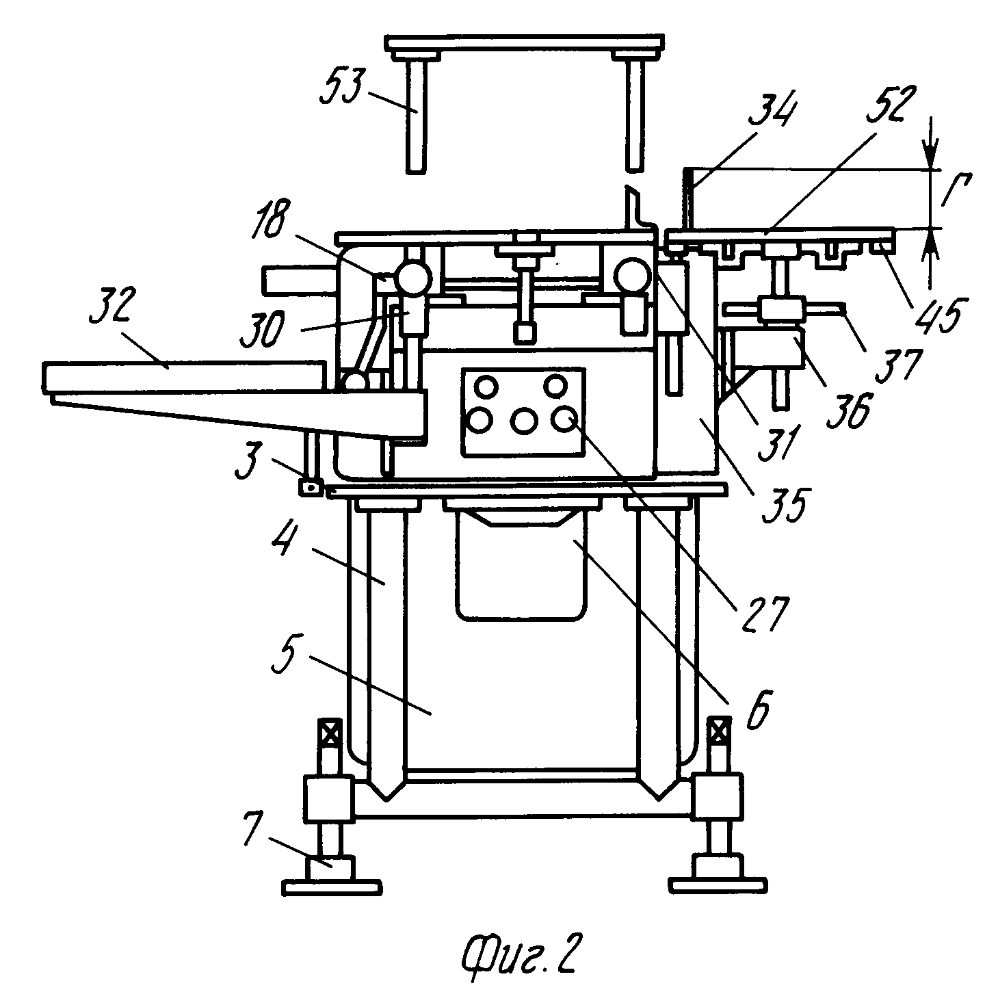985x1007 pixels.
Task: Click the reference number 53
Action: pyautogui.click(x=343, y=86)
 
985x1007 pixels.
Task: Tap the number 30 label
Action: pyautogui.click(x=262, y=330)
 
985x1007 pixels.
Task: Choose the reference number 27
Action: pyautogui.click(x=765, y=614)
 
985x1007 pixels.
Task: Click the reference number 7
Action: pyautogui.click(x=254, y=828)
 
